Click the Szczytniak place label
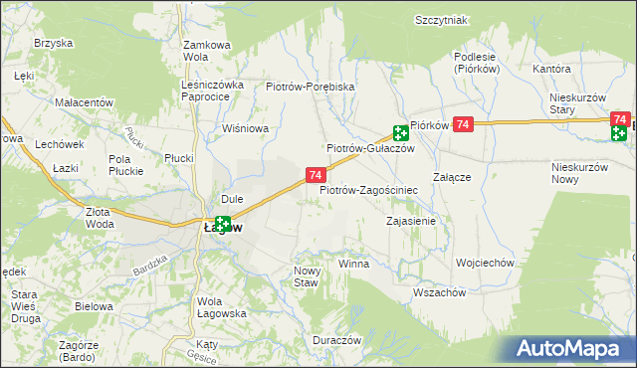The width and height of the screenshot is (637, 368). click(x=442, y=20)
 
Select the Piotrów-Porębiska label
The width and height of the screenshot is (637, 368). click(x=311, y=87)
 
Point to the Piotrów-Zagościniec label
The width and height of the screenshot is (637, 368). click(x=368, y=189)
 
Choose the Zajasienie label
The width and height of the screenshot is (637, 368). click(x=410, y=221)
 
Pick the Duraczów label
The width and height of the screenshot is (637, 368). click(x=333, y=339)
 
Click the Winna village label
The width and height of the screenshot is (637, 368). click(x=353, y=265)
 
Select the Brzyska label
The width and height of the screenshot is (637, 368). click(x=54, y=43)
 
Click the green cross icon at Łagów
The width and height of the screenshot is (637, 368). click(x=223, y=226)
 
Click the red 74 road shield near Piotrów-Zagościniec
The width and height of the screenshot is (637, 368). click(x=315, y=175)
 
